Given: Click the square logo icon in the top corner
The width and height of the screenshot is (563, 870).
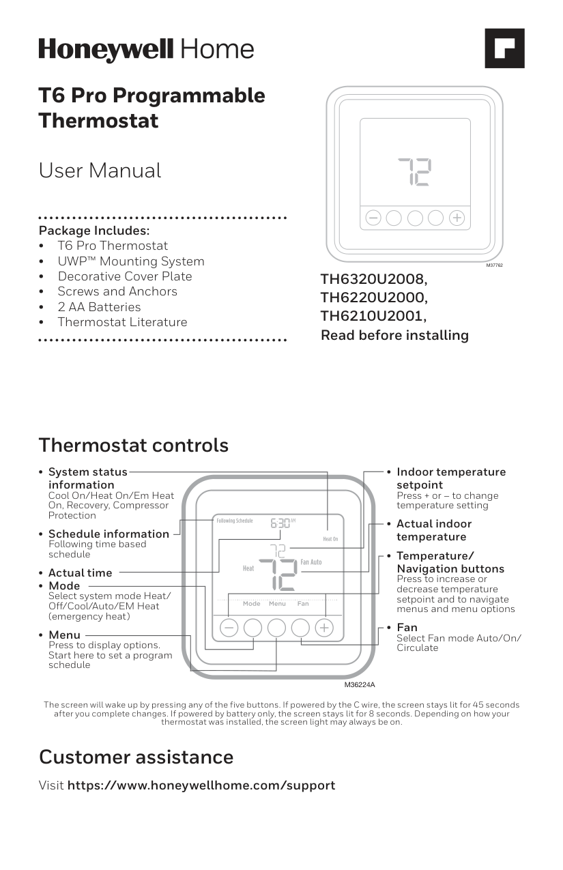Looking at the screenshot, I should pyautogui.click(x=504, y=48).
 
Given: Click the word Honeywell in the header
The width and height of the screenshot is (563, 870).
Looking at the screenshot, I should pyautogui.click(x=106, y=50).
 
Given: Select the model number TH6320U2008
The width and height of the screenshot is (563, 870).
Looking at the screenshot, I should pyautogui.click(x=374, y=279).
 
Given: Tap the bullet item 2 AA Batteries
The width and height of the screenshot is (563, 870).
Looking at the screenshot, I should pyautogui.click(x=99, y=307).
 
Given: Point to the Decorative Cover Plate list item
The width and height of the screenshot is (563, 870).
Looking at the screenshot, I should pyautogui.click(x=124, y=276).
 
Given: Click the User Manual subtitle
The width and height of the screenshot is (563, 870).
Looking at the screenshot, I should pyautogui.click(x=100, y=171).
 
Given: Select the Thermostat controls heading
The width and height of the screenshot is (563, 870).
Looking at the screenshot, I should pyautogui.click(x=134, y=446).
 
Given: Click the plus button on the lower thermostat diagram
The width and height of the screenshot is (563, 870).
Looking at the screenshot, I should pyautogui.click(x=324, y=627).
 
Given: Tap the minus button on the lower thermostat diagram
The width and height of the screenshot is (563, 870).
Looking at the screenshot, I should pyautogui.click(x=229, y=627).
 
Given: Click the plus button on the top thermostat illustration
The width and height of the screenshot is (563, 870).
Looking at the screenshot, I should pyautogui.click(x=457, y=218).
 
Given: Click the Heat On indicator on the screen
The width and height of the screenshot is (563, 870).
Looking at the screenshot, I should pyautogui.click(x=330, y=539).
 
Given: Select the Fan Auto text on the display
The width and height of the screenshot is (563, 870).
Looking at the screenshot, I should pyautogui.click(x=311, y=562).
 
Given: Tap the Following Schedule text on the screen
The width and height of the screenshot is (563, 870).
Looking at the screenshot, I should pyautogui.click(x=235, y=521).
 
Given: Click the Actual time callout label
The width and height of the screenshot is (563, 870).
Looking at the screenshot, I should pyautogui.click(x=81, y=573).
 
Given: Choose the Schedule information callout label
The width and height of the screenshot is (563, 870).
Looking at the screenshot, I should pyautogui.click(x=109, y=534).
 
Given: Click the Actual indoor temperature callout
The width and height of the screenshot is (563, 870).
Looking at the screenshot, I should pyautogui.click(x=434, y=530).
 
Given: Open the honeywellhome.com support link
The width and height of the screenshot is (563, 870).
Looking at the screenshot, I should pyautogui.click(x=201, y=785).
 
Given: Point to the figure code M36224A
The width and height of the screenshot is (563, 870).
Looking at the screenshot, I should pyautogui.click(x=360, y=684).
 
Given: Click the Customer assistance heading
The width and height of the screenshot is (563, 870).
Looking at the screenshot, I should pyautogui.click(x=136, y=757).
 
